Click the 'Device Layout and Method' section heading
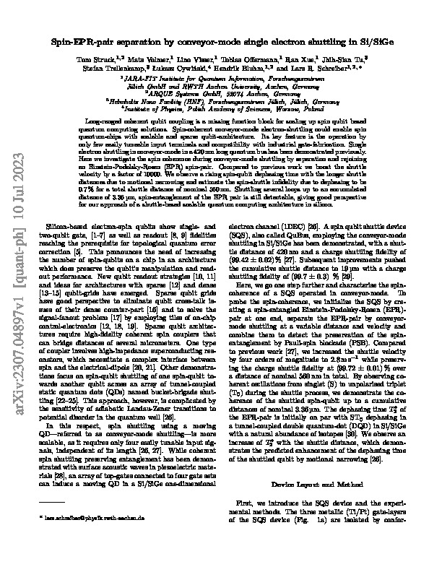(311, 440)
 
